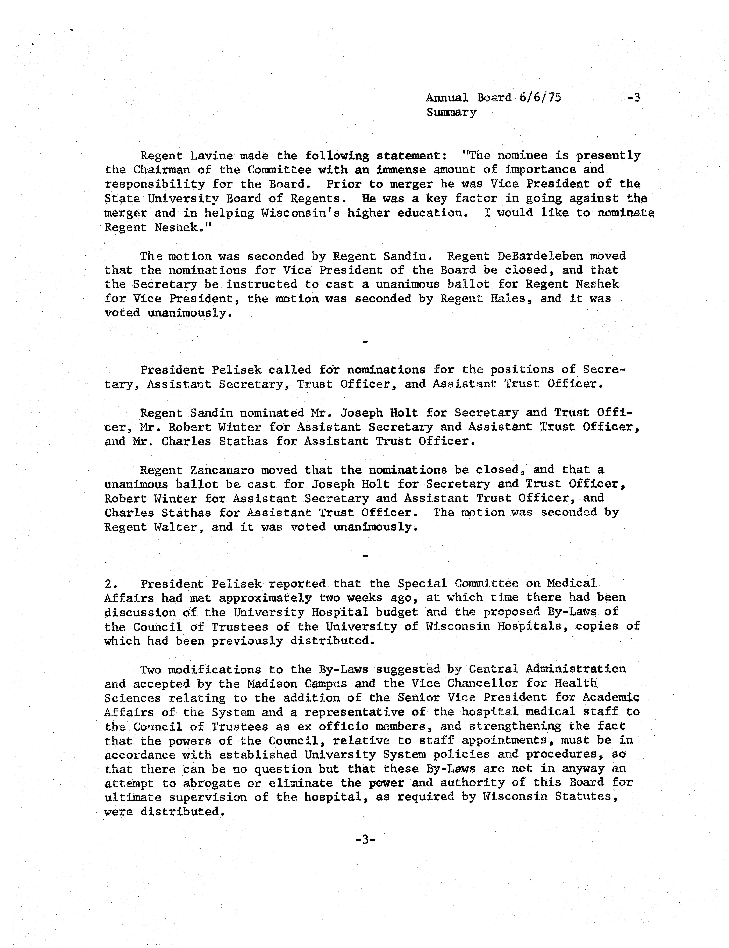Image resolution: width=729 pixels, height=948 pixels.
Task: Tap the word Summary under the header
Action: click(451, 112)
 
